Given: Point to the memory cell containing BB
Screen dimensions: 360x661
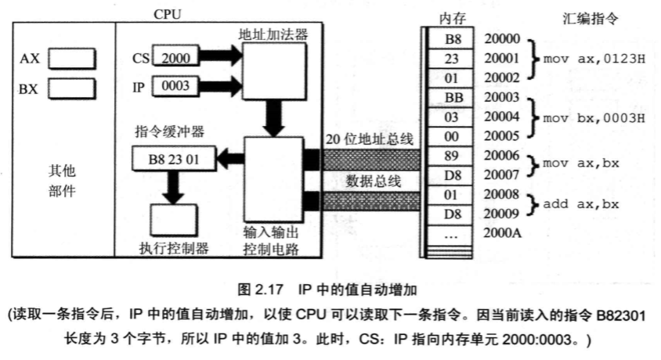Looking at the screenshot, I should click(453, 98).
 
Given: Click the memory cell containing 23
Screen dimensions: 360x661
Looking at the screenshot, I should click(453, 59).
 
